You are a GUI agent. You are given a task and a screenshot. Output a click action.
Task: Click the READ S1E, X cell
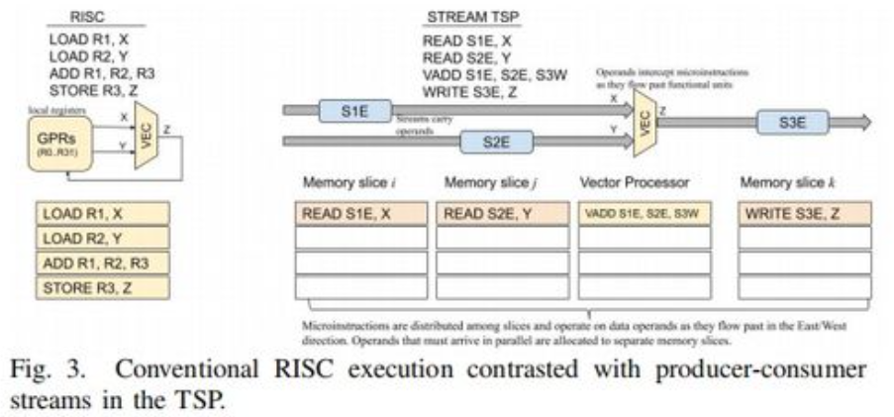coord(361,213)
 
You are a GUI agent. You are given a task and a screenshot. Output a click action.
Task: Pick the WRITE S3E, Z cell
coord(804,213)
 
